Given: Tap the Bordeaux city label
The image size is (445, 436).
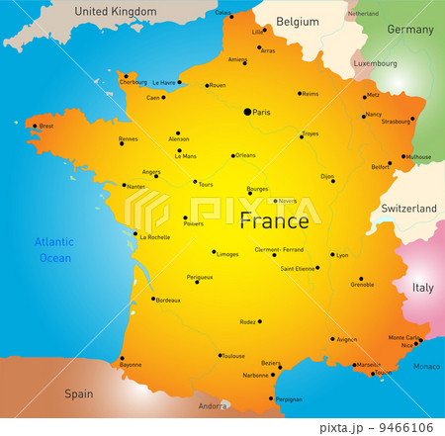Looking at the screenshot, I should click(x=168, y=300).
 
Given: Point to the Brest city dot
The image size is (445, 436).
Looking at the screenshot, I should click(x=35, y=126).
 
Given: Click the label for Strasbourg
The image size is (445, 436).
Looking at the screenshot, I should click(x=395, y=123).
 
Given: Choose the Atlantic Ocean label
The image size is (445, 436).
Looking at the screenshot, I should click(x=53, y=249).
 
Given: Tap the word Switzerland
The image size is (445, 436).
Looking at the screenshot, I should click(x=409, y=210).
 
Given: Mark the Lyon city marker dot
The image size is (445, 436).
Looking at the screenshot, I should click(x=332, y=254).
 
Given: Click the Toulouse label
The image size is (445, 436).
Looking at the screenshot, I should click(x=233, y=356).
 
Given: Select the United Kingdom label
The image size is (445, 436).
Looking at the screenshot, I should click(x=116, y=12).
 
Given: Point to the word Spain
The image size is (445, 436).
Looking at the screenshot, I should click(x=79, y=393).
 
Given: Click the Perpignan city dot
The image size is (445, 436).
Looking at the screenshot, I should click(x=271, y=398).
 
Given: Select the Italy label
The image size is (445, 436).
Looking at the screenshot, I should click(x=422, y=288).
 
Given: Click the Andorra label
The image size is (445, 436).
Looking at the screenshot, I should click(x=214, y=406).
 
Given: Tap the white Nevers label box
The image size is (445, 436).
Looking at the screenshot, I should click(x=285, y=201).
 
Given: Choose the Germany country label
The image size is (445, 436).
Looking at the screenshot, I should click(x=409, y=30).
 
